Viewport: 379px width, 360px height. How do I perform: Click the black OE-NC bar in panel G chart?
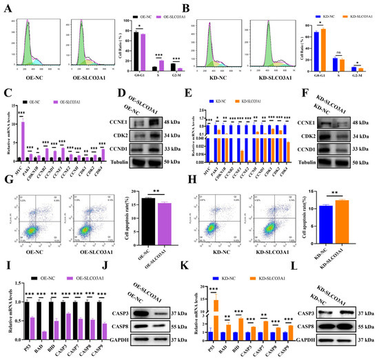[147, 220]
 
